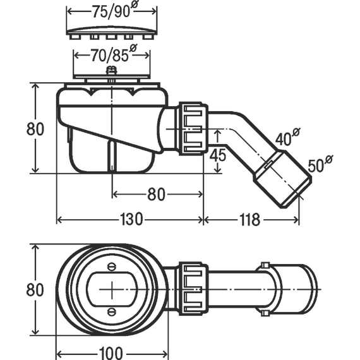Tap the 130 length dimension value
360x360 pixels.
coord(131,219)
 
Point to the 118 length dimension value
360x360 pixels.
coord(250,219)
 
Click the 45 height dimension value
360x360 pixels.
coord(218,155)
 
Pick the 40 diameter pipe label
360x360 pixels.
coord(287,137)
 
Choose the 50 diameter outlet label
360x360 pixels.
coord(320,164)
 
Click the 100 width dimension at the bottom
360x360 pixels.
coord(111,353)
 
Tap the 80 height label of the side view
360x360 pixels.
coord(35,129)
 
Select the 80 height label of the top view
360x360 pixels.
coord(35,290)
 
